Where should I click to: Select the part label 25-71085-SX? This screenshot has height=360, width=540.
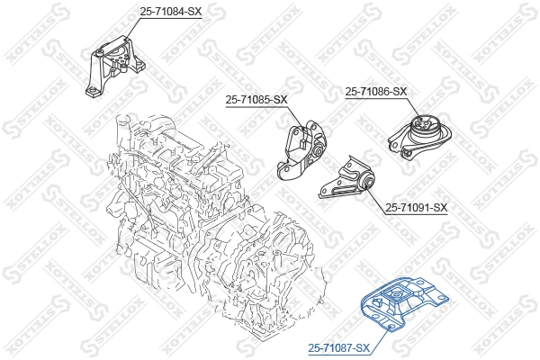(x=255, y=99)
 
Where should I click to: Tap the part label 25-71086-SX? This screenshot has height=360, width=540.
(x=375, y=92)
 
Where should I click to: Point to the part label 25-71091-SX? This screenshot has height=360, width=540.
(x=416, y=208)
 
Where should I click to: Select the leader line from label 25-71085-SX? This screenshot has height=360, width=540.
(x=297, y=115)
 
